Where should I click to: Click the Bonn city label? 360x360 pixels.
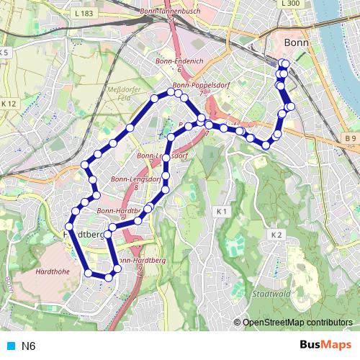297,42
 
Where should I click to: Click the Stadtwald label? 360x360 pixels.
272,294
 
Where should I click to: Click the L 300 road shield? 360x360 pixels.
291,4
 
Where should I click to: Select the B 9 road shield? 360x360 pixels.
350,138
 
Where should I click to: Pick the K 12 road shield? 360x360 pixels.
9,104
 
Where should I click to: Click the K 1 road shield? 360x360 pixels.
222,212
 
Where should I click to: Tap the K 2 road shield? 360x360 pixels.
276,235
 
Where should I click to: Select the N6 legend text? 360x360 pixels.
29,346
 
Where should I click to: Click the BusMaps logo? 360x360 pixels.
325,345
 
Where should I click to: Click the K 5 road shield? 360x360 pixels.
4,53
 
